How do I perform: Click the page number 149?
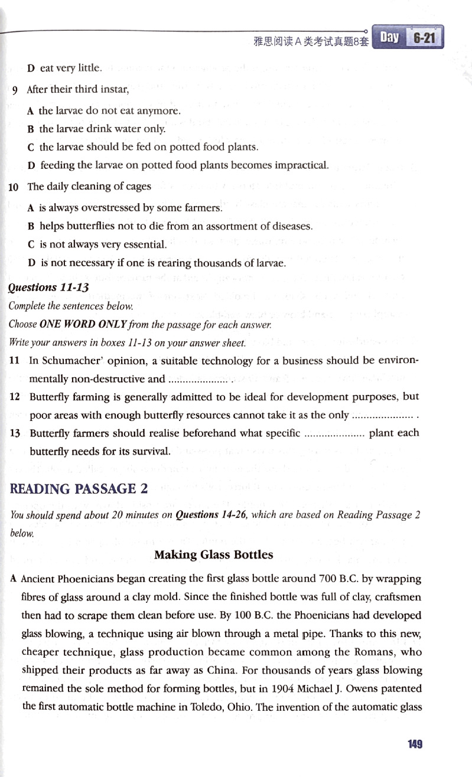pyautogui.click(x=415, y=744)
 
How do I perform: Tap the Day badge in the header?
pyautogui.click(x=389, y=38)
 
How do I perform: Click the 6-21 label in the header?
pyautogui.click(x=424, y=38)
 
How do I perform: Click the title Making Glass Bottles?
pyautogui.click(x=214, y=554)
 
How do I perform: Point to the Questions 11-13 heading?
pyautogui.click(x=48, y=288)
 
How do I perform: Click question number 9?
pyautogui.click(x=14, y=90)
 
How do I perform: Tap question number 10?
pyautogui.click(x=14, y=187)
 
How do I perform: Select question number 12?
pyautogui.click(x=15, y=397)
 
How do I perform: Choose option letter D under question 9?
pyautogui.click(x=31, y=165)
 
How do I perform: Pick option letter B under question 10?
pyautogui.click(x=31, y=226)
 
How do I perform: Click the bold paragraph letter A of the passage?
pyautogui.click(x=12, y=579)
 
